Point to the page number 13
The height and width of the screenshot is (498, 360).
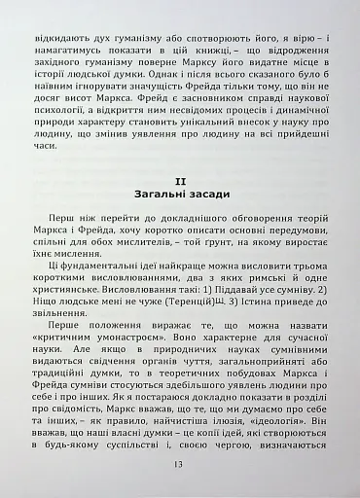coord(180,464)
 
